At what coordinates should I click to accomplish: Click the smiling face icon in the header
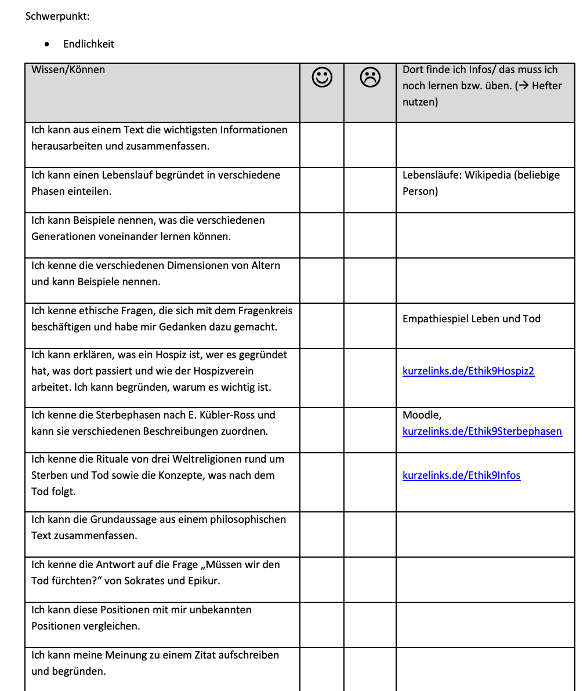tap(322, 78)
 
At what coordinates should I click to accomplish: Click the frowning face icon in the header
tap(370, 78)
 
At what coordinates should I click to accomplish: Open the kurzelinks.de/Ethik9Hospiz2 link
tap(468, 371)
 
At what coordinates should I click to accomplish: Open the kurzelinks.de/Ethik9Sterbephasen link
tap(482, 431)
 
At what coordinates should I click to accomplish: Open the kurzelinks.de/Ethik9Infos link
tap(461, 475)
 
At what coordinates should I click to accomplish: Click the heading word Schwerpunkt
tap(57, 16)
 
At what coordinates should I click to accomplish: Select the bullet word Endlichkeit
tap(89, 44)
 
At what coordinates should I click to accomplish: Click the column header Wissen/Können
tap(68, 70)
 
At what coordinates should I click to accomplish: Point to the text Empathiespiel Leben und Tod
tap(471, 319)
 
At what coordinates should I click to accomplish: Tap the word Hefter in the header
tap(546, 86)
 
